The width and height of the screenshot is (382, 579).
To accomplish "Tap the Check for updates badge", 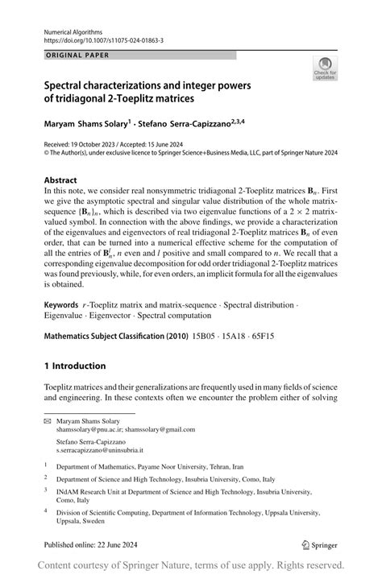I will click(x=323, y=70).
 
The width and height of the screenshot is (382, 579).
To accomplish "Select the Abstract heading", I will click(x=61, y=181).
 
